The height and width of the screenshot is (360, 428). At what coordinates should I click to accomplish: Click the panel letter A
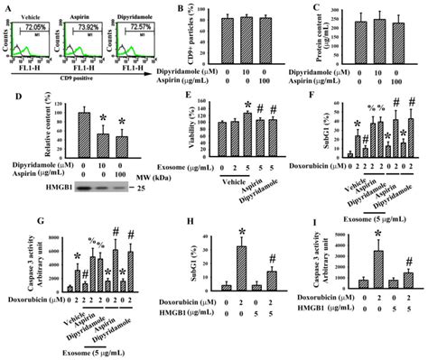point(6,6)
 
